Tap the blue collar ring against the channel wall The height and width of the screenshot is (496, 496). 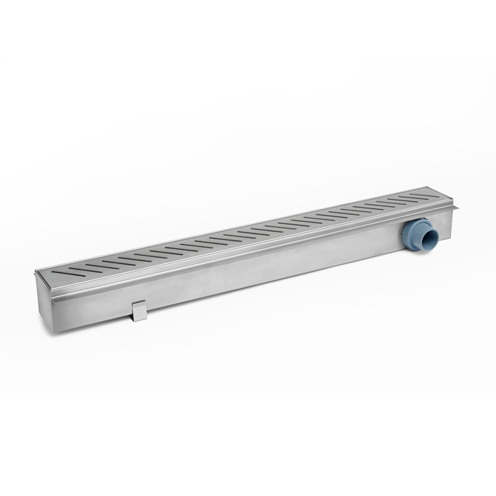[409, 235]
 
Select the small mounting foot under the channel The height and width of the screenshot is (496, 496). [139, 311]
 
